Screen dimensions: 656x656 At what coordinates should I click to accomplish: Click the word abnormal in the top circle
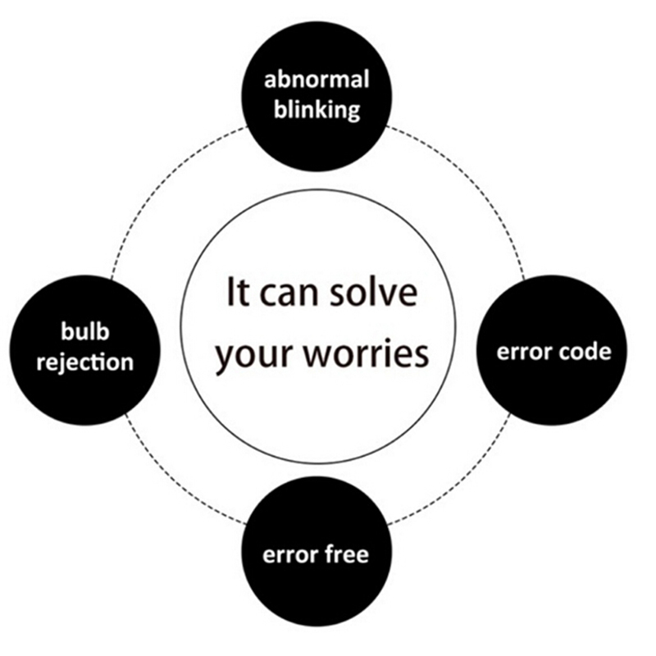pos(317,80)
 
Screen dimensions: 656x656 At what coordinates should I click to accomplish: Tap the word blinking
pos(317,109)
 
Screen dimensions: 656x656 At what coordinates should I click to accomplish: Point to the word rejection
pos(85,361)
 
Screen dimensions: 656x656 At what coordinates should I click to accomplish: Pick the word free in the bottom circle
pos(344,554)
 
